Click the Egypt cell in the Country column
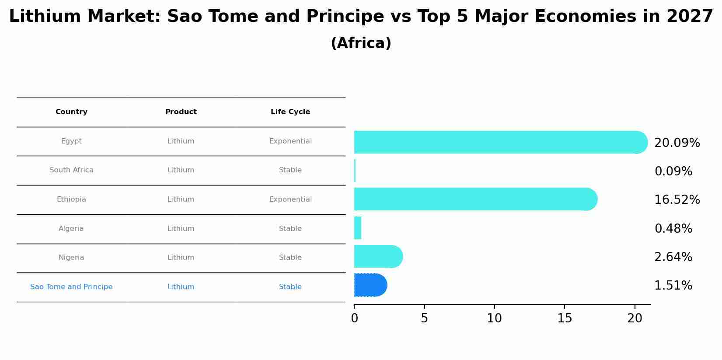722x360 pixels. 71,141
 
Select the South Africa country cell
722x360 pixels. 71,170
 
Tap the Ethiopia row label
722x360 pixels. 71,199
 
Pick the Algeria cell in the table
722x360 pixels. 71,229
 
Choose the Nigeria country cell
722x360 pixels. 71,258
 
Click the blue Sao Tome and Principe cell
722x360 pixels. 71,287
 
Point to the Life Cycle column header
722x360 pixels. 290,112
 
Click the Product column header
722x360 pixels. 181,112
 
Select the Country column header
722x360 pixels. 71,112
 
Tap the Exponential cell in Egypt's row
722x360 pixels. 290,141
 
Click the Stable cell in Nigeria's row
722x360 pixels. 290,258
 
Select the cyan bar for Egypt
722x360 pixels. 499,142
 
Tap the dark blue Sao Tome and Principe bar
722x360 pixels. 370,285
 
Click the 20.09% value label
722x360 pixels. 677,143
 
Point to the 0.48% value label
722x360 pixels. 673,229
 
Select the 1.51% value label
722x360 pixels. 673,286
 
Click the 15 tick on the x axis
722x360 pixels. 565,318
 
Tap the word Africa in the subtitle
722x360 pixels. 361,43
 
